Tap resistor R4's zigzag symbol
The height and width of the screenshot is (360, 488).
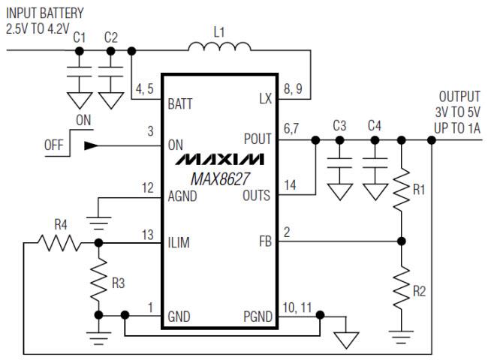pyautogui.click(x=60, y=242)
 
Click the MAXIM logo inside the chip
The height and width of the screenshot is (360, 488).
pyautogui.click(x=219, y=160)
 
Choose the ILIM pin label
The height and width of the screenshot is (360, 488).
pyautogui.click(x=180, y=242)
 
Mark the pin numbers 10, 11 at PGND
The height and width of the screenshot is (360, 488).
pyautogui.click(x=297, y=306)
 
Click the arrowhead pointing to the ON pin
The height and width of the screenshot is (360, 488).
pyautogui.click(x=91, y=145)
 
